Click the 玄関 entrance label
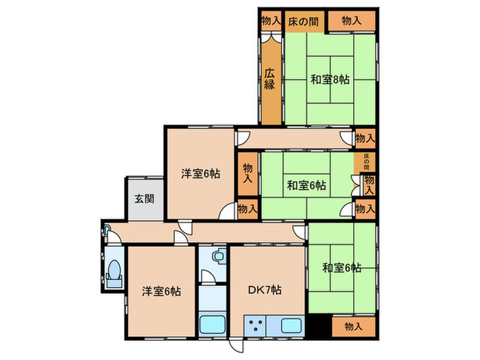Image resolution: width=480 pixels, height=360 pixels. (143, 200)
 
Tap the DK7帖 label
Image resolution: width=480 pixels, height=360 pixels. (264, 290)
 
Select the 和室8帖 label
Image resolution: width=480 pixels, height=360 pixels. (330, 80)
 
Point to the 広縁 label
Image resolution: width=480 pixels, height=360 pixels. (270, 79)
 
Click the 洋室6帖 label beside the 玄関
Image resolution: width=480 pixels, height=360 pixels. (200, 173)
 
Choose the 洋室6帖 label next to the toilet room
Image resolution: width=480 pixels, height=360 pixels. (162, 291)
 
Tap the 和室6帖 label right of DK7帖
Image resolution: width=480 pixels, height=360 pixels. (341, 268)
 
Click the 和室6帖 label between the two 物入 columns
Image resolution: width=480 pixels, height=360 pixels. (306, 185)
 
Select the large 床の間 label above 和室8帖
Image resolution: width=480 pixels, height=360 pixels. (302, 21)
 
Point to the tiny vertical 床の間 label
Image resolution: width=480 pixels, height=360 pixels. (366, 163)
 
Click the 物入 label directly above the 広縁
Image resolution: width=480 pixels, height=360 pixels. (271, 21)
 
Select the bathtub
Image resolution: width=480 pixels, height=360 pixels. (212, 324)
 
